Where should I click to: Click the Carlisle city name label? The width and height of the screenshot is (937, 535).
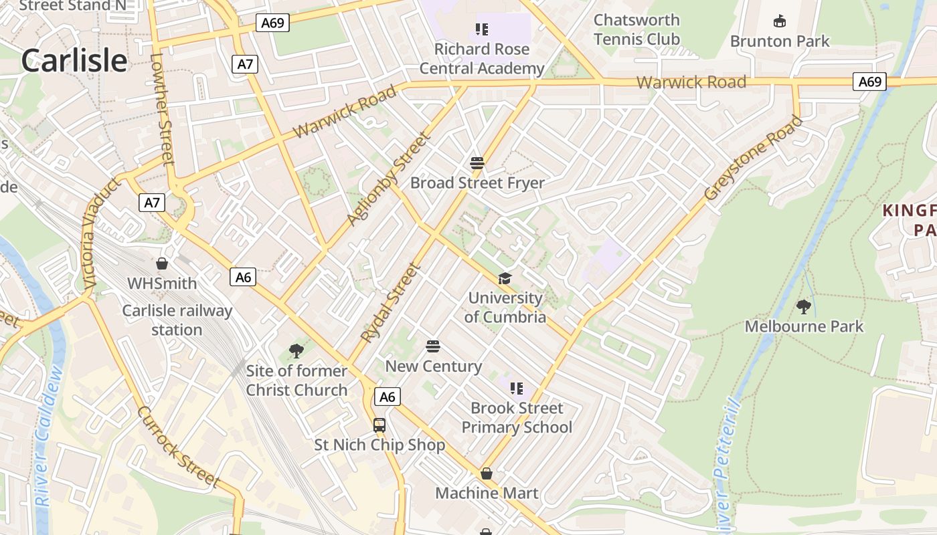74,60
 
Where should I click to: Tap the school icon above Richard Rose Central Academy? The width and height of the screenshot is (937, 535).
482,29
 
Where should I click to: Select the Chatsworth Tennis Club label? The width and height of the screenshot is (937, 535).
636,29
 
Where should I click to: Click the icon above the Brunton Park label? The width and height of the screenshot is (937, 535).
779,21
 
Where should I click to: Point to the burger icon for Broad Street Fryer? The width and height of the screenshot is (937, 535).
477,163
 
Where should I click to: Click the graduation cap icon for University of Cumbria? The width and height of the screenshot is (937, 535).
505,278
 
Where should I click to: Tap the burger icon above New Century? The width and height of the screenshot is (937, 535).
433,346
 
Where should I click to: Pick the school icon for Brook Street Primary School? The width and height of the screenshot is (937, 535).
516,388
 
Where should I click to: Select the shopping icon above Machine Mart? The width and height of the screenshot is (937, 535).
487,473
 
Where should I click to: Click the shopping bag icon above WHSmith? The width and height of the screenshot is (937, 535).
161,263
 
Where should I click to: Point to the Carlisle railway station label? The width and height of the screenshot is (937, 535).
177,320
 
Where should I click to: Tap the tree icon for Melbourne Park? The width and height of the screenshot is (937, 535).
804,307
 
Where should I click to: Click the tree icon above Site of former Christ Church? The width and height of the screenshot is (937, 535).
296,350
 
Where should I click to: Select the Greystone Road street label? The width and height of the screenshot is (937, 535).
753,158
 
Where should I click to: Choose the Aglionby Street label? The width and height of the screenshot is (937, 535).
387,179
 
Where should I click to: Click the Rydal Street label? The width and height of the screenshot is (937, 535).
390,302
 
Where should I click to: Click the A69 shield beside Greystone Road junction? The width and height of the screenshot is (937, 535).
869,82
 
